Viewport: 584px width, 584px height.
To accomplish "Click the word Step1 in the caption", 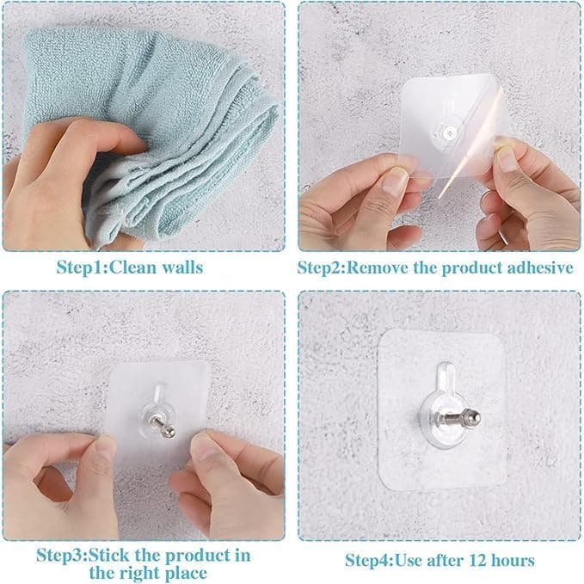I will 77,267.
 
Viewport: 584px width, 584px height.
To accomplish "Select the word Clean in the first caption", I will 130,267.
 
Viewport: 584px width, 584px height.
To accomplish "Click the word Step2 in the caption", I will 320,267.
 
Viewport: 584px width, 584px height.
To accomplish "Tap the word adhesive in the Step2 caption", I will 536,267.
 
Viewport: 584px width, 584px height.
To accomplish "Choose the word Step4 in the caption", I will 367,561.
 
